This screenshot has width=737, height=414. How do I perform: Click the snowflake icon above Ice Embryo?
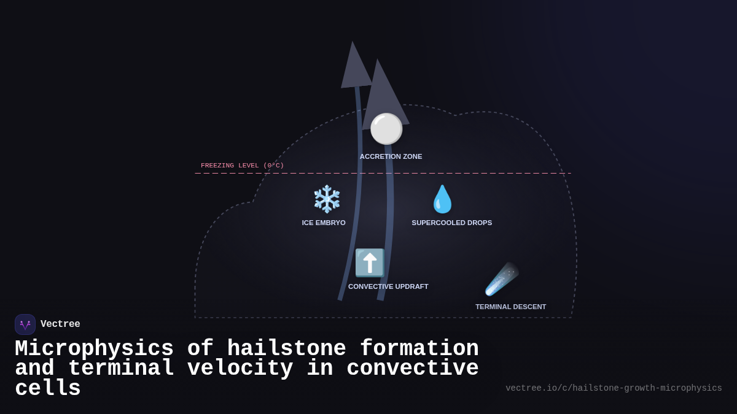(x=327, y=199)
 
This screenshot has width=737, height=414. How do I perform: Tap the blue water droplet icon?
(x=442, y=199)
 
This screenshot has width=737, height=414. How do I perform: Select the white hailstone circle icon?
(x=386, y=129)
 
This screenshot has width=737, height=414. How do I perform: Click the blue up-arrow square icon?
(x=369, y=263)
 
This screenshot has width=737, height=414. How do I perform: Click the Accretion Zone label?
(x=391, y=156)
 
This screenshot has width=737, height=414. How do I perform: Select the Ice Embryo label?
(x=324, y=223)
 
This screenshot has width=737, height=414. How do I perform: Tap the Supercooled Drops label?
(x=451, y=223)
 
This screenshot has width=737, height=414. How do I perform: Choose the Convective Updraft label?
(x=388, y=286)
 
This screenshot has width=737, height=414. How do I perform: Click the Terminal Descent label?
(x=510, y=307)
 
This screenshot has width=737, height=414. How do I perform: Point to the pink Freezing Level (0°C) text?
(x=242, y=166)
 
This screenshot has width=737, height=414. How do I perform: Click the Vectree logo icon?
(x=25, y=324)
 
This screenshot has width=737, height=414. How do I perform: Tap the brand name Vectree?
(x=60, y=324)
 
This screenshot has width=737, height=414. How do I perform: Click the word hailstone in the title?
(x=287, y=349)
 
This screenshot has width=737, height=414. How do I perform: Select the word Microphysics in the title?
(x=94, y=349)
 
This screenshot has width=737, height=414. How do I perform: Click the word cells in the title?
(x=48, y=389)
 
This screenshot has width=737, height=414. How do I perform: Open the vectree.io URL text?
(x=614, y=388)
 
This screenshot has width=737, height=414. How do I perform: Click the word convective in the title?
(x=413, y=369)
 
